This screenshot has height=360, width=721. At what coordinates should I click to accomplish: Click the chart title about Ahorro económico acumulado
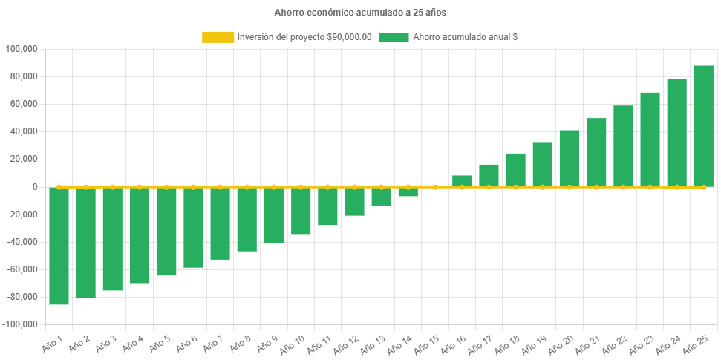tap(360, 13)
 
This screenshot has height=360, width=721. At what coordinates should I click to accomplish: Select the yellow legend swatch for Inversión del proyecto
tap(217, 37)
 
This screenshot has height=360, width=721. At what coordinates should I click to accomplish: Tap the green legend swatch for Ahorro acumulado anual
tap(394, 37)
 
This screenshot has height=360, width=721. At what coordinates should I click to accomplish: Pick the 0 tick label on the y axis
tap(34, 187)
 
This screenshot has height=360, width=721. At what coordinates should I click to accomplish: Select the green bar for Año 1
tap(59, 246)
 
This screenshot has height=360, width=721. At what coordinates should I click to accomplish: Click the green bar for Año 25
tap(703, 126)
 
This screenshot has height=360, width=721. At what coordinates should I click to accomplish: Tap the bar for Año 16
tap(462, 181)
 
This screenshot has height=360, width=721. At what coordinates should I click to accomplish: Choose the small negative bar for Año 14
tap(408, 192)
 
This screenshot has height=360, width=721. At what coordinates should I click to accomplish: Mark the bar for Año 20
tap(570, 158)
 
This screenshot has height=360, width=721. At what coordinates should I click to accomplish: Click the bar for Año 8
tap(247, 219)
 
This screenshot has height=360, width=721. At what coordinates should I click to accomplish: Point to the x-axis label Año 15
tap(428, 346)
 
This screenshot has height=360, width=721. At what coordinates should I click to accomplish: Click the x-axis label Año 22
tap(616, 346)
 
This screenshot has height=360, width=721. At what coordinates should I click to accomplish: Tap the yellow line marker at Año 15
tap(435, 187)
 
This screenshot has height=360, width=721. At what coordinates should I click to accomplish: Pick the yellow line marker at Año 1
tap(59, 187)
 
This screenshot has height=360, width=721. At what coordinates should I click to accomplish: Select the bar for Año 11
tap(327, 206)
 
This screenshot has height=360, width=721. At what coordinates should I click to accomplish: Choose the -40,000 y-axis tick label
tap(22, 242)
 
